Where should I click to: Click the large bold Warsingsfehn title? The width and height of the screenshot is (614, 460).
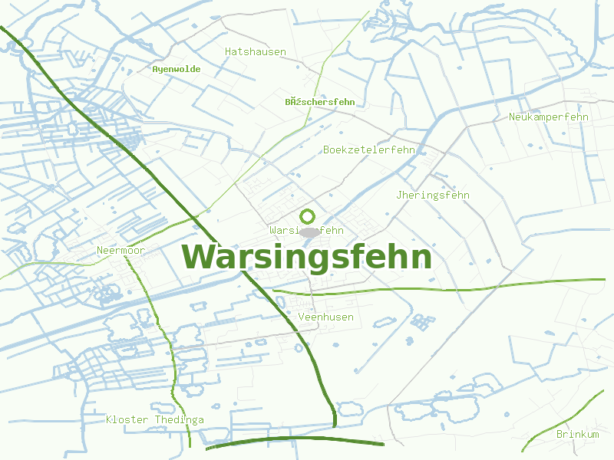pyautogui.click(x=306, y=258)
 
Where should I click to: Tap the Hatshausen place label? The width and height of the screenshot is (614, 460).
pyautogui.click(x=256, y=52)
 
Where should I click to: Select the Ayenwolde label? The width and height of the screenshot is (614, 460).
pyautogui.click(x=177, y=69)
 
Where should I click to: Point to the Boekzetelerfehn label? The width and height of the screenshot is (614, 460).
pyautogui.click(x=369, y=149)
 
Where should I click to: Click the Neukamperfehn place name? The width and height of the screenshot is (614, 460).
pyautogui.click(x=548, y=117)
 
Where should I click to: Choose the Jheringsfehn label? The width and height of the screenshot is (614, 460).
pyautogui.click(x=433, y=195)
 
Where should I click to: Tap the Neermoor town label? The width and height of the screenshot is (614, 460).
pyautogui.click(x=120, y=251)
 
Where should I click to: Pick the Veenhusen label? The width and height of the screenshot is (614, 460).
pyautogui.click(x=325, y=317)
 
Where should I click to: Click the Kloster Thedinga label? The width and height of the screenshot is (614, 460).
pyautogui.click(x=155, y=419)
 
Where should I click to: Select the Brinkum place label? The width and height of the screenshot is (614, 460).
pyautogui.click(x=577, y=435)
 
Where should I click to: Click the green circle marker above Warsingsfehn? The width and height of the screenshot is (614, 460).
pyautogui.click(x=308, y=216)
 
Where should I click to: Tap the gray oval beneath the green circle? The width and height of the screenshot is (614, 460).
pyautogui.click(x=309, y=231)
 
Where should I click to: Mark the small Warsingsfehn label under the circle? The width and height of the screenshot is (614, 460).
pyautogui.click(x=306, y=230)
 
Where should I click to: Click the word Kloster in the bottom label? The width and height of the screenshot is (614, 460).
pyautogui.click(x=127, y=419)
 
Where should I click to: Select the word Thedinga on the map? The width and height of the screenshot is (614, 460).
pyautogui.click(x=180, y=419)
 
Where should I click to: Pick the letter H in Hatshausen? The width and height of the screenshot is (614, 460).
pyautogui.click(x=228, y=52)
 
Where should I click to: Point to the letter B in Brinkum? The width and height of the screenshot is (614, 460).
pyautogui.click(x=560, y=435)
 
